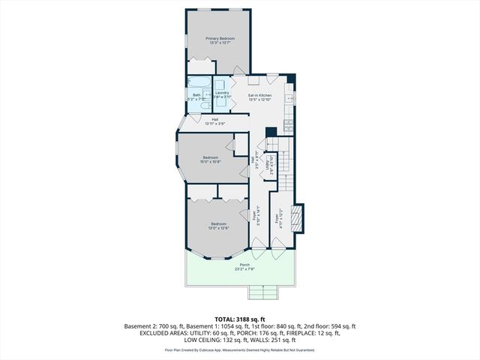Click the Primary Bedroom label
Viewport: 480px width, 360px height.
coord(220,40)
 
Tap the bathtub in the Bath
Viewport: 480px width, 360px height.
coord(199,83)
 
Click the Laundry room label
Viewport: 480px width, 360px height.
coord(221,94)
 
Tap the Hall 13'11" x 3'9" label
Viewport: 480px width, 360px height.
coord(214,121)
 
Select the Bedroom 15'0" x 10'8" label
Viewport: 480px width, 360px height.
coord(209,160)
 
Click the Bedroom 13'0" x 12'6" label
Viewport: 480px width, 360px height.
coord(218,226)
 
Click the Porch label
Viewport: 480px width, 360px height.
coord(244,267)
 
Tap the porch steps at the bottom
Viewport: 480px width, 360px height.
coord(258,292)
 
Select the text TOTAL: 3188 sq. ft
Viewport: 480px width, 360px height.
coord(240,319)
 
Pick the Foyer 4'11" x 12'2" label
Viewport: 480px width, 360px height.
coord(278,217)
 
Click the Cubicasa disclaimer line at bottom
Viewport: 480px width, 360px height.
coord(240,349)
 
